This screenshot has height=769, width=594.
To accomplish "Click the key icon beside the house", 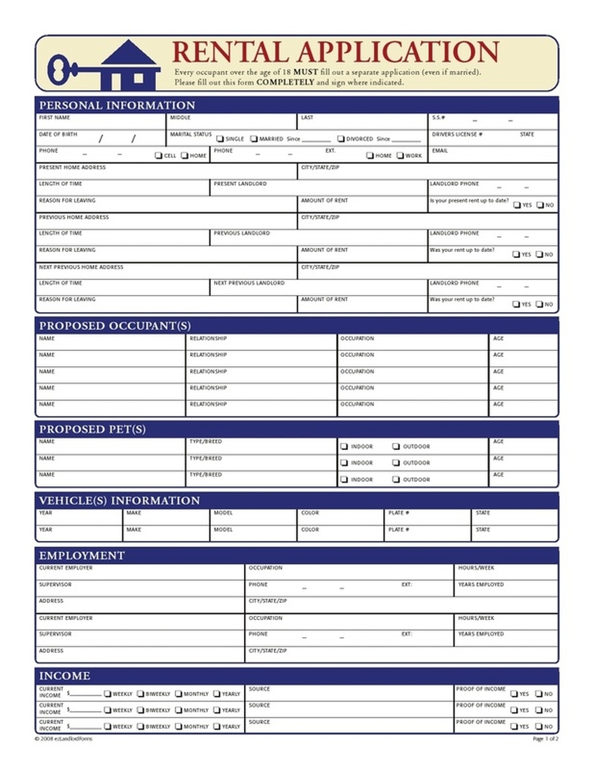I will tap(68, 68).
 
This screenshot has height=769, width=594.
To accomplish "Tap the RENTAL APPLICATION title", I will tap(335, 53).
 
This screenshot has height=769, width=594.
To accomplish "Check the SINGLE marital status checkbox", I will tap(220, 139).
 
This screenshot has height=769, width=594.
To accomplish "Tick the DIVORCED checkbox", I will tap(341, 139).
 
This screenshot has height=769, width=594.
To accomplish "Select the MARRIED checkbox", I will tap(254, 139).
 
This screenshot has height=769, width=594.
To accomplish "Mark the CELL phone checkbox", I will tap(159, 156).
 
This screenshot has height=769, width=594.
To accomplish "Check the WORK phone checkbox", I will tap(400, 156).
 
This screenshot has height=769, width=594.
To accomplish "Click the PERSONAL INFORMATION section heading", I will tap(117, 105).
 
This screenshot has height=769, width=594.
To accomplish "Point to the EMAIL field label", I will tap(440, 151).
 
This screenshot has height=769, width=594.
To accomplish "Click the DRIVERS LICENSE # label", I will tap(457, 135).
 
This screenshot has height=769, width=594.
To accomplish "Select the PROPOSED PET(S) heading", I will tap(92, 430).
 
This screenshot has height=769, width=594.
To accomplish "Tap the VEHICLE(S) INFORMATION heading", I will tap(119, 501).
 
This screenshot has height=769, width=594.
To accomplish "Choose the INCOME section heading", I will tap(64, 675).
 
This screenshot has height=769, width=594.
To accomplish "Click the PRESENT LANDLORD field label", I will tap(240, 184).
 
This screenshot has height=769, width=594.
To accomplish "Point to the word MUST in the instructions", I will tap(306, 72).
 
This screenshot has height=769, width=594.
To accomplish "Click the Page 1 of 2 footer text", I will tap(545, 739).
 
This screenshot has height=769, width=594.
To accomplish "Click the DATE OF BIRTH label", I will tap(58, 135).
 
